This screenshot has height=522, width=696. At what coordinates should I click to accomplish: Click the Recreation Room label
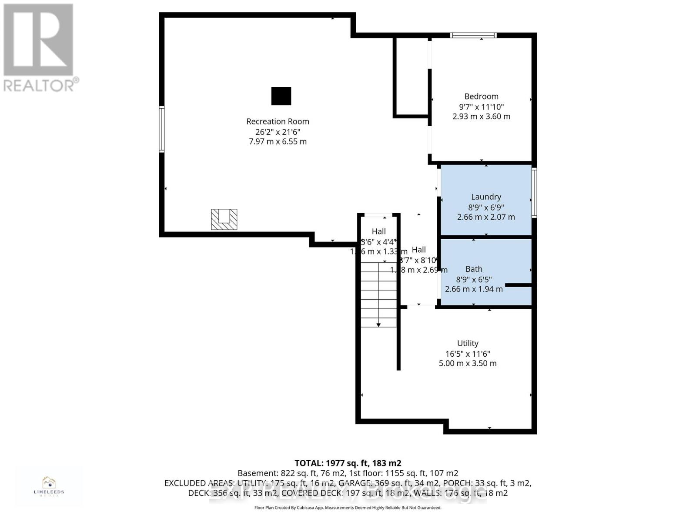tap(278, 121)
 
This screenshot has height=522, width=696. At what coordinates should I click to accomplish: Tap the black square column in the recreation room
tap(281, 96)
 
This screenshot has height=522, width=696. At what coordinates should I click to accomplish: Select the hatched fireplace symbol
tap(224, 219)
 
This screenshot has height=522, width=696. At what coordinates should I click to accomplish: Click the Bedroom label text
tap(481, 96)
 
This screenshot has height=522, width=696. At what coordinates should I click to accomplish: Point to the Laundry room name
tap(486, 197)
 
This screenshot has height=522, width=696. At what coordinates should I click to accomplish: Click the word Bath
tap(474, 269)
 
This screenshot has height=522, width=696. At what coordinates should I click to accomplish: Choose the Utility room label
tap(468, 343)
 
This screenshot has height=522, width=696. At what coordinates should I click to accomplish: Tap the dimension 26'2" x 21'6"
tap(278, 132)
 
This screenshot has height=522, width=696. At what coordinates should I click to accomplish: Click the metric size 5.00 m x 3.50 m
tap(468, 363)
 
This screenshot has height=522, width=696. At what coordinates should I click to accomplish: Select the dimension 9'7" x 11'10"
tap(481, 107)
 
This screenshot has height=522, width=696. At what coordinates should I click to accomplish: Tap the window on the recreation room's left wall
tap(162, 129)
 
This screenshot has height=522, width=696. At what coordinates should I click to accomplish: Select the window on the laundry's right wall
tap(534, 192)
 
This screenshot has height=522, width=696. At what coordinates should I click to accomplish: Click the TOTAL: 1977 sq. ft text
tap(348, 463)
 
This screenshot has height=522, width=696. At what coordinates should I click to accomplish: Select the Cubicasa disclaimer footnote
tap(348, 508)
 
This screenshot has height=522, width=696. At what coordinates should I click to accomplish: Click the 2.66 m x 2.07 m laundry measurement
tap(486, 217)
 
